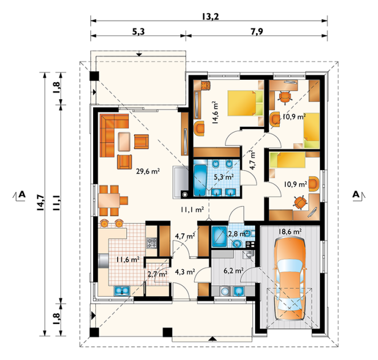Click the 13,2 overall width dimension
pos(210,17)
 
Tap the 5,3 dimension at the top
pos(138,31)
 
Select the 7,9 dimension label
pos(257,31)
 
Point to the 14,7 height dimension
pos(41,203)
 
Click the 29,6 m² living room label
pos(148,172)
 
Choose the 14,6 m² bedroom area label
pos(215,112)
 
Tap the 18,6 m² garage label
pos(290,232)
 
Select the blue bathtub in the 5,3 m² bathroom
pos(200,180)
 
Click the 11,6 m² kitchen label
pos(128,260)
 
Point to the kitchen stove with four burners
pos(152,243)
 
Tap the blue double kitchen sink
pos(122,290)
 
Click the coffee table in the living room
pos(124,141)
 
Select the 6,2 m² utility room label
pos(234,271)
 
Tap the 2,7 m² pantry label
pos(158,274)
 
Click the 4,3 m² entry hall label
pos(185,272)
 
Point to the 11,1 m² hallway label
pos(192,210)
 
